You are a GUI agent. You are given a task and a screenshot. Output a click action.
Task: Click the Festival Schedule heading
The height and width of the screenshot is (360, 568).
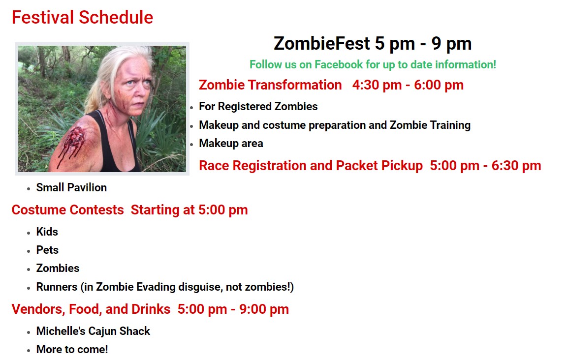coord(82,17)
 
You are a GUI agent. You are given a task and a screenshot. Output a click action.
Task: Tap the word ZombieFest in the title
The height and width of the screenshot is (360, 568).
coord(322,43)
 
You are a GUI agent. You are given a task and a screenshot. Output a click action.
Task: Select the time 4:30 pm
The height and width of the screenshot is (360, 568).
coord(377,85)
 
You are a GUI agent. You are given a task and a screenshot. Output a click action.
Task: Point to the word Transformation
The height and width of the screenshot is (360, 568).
coord(294,85)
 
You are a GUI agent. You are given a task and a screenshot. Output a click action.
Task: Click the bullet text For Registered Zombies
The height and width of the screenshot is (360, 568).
coord(258,106)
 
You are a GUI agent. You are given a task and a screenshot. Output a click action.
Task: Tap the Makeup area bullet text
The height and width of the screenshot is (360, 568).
coord(231,143)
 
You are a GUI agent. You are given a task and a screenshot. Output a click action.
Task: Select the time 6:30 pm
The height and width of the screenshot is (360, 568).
coord(516,166)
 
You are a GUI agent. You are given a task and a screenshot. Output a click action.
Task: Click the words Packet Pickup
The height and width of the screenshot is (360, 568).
coord(379,166)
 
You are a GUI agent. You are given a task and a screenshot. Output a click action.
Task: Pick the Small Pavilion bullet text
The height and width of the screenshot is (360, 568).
coord(71,187)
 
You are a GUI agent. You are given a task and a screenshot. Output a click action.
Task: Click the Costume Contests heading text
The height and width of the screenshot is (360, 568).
coord(68,210)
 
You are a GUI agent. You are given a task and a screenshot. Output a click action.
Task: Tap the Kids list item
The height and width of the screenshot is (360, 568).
coord(47,232)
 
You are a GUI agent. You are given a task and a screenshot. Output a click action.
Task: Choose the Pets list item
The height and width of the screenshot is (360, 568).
coord(47,250)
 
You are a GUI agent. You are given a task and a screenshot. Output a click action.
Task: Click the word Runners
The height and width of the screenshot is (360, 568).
coord(57,287)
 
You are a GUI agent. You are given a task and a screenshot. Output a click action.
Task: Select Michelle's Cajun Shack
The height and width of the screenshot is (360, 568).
coord(93,331)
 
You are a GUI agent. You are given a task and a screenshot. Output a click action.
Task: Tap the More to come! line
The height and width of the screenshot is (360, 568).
coord(72,349)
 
